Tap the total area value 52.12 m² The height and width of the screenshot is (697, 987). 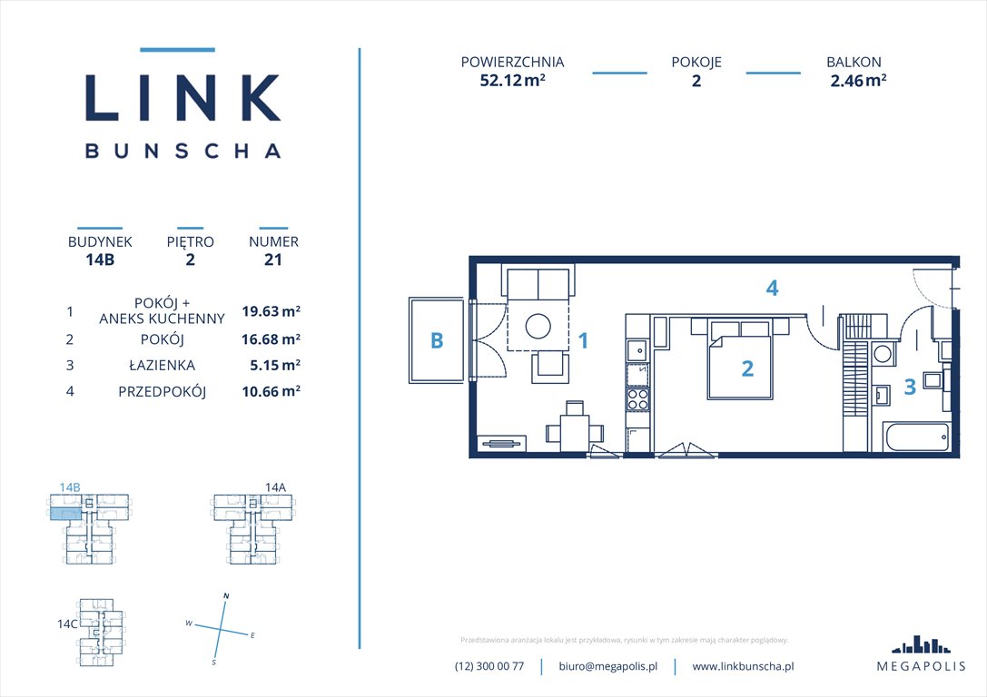(x=512, y=80)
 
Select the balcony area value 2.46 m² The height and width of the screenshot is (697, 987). (x=858, y=80)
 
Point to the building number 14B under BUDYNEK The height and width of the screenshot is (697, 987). (x=100, y=260)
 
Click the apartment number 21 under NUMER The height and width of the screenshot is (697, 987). (x=273, y=260)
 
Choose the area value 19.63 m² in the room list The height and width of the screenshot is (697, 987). (x=271, y=311)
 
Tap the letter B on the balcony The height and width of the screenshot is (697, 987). (x=437, y=340)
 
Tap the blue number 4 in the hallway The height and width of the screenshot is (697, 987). (x=772, y=289)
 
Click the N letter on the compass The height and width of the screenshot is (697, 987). (x=225, y=595)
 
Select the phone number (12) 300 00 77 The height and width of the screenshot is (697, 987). (x=489, y=666)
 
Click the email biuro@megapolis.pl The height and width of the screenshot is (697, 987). (x=607, y=666)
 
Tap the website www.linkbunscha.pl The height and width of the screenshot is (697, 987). (x=743, y=666)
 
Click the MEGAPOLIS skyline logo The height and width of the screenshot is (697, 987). (x=921, y=644)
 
